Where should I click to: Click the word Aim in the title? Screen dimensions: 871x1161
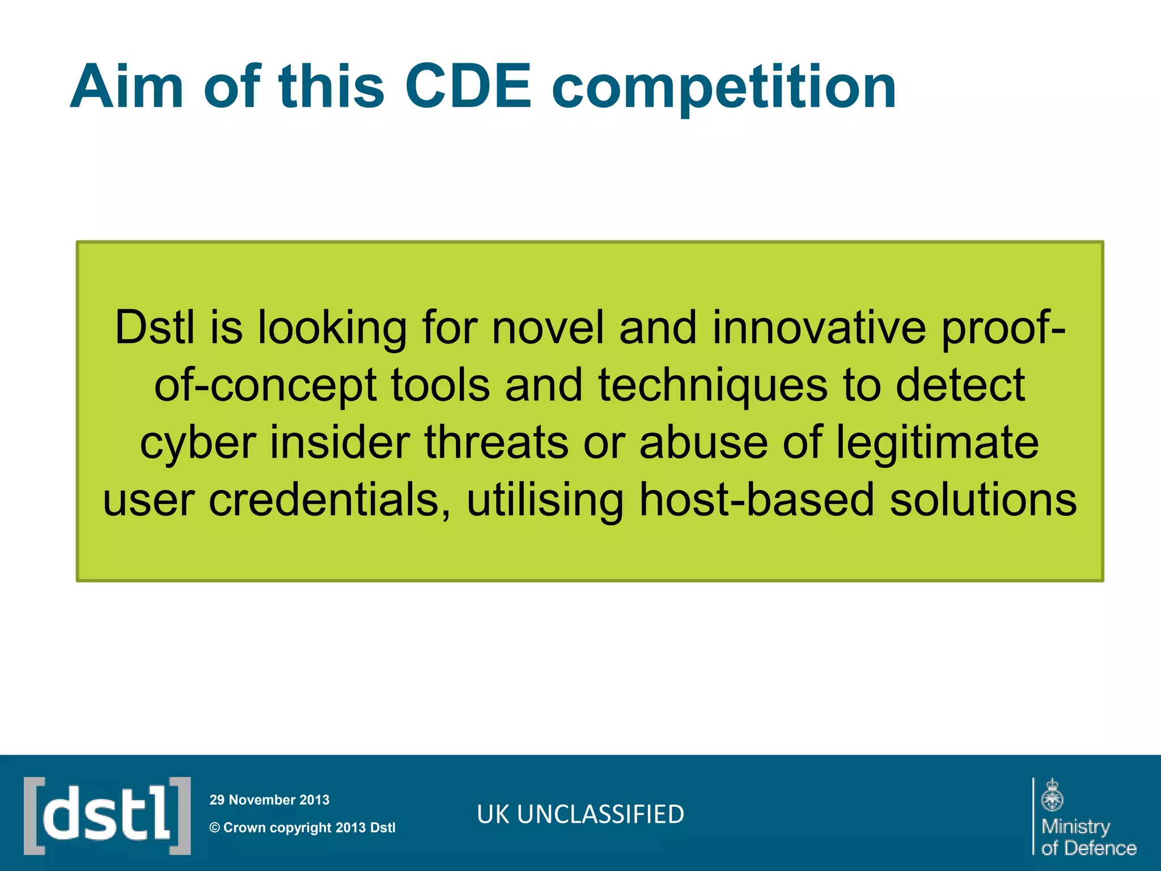pyautogui.click(x=126, y=87)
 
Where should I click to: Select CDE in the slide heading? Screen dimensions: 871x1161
pyautogui.click(x=468, y=87)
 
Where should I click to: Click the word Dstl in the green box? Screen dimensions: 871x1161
pyautogui.click(x=155, y=328)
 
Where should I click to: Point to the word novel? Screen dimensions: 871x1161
pyautogui.click(x=548, y=328)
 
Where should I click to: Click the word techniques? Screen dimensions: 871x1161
pyautogui.click(x=713, y=386)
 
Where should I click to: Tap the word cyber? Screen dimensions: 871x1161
pyautogui.click(x=198, y=443)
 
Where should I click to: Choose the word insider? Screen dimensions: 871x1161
pyautogui.click(x=340, y=442)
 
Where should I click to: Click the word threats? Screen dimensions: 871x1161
pyautogui.click(x=496, y=442)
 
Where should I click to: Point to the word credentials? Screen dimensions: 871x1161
pyautogui.click(x=330, y=500)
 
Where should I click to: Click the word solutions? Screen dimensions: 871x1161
pyautogui.click(x=983, y=500)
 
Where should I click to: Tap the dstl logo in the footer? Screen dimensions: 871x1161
pyautogui.click(x=107, y=815)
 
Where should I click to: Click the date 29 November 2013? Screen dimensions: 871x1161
pyautogui.click(x=269, y=800)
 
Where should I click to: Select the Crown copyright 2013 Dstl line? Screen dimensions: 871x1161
pyautogui.click(x=303, y=828)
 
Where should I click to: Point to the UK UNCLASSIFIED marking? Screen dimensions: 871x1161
pyautogui.click(x=580, y=814)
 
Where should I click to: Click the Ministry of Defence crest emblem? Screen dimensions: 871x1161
pyautogui.click(x=1052, y=795)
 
